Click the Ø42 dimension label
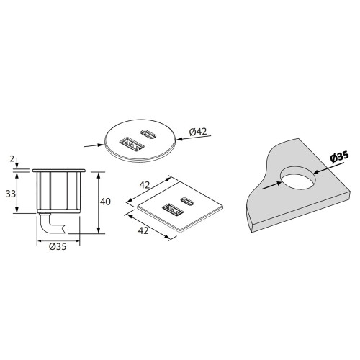tap(198, 132)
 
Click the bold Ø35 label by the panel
tap(339, 157)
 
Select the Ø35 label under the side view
tap(58, 246)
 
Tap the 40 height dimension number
tap(105, 202)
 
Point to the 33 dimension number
tap(11, 194)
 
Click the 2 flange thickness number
tap(12, 159)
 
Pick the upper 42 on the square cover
tap(145, 185)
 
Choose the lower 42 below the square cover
tap(143, 230)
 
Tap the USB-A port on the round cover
tap(131, 144)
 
